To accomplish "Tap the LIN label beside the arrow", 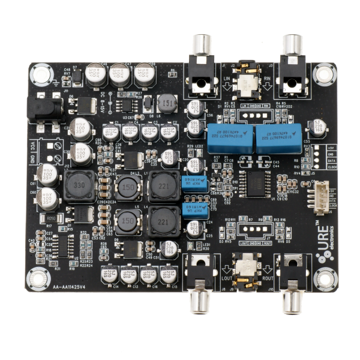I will pyautogui.click(x=226, y=77).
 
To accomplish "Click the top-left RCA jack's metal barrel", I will pyautogui.click(x=200, y=44).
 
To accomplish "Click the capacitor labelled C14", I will pyautogui.click(x=109, y=275).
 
